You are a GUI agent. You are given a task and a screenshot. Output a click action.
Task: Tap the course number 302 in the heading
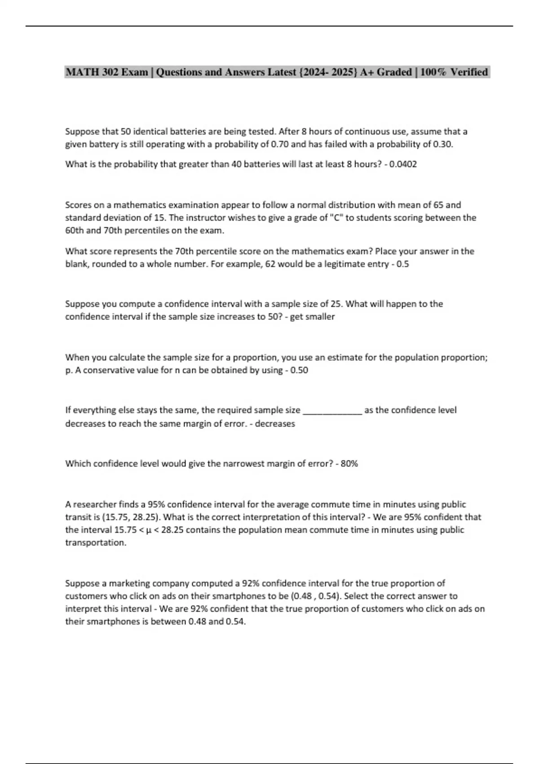[110, 72]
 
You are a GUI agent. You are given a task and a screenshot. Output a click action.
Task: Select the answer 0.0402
[403, 164]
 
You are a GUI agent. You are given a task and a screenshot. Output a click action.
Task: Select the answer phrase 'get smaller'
[312, 317]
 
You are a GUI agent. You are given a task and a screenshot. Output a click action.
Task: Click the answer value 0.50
[299, 370]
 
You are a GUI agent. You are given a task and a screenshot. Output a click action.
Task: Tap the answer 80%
[349, 464]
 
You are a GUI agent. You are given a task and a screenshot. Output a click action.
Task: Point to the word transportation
[95, 543]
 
